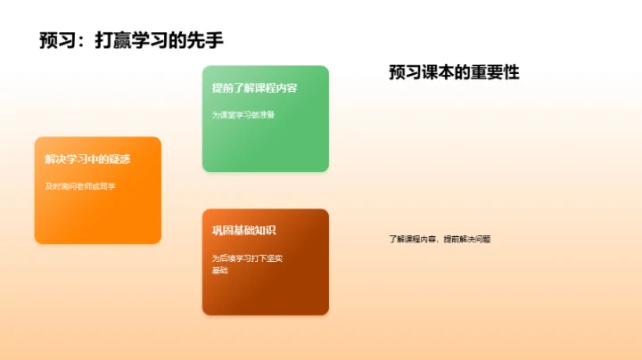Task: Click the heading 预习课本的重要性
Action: point(454,73)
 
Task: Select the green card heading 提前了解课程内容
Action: point(254,88)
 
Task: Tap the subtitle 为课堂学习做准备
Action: point(237,115)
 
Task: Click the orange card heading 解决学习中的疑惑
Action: point(87,160)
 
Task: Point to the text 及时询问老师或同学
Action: point(80,186)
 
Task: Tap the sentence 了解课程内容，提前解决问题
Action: point(440,239)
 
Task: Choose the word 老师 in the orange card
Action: point(88,186)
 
